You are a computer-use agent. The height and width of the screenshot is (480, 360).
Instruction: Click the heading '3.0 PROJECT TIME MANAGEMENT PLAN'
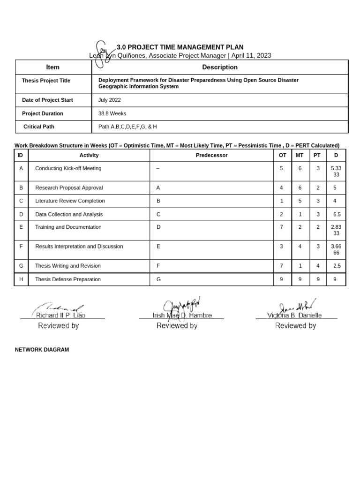tap(180, 47)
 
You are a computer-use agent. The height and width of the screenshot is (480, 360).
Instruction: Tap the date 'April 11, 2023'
tap(251, 55)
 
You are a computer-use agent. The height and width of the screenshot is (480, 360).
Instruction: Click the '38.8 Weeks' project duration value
tap(112, 113)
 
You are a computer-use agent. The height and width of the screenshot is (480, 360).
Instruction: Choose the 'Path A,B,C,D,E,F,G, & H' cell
tap(127, 127)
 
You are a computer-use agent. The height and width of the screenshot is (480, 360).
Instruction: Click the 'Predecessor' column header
tap(211, 155)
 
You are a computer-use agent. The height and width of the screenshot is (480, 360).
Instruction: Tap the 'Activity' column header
tap(89, 155)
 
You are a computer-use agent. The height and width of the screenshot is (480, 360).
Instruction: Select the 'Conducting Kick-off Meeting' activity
tap(68, 168)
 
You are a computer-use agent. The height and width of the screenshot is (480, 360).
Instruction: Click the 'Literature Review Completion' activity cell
tap(70, 201)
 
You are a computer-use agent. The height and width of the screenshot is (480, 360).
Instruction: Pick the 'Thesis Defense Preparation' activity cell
tap(68, 279)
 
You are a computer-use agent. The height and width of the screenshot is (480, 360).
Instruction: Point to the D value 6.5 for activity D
tap(336, 214)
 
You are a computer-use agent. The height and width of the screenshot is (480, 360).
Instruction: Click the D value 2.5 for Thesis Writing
tap(336, 266)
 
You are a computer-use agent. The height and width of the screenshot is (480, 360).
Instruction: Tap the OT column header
tap(282, 155)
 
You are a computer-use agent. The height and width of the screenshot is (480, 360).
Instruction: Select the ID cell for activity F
tap(21, 246)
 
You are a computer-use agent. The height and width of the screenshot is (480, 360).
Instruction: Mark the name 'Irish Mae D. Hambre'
tap(182, 315)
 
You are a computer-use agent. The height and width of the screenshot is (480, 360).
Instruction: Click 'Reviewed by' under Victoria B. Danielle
tap(295, 325)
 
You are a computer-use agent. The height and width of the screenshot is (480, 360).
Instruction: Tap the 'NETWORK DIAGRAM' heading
tap(42, 350)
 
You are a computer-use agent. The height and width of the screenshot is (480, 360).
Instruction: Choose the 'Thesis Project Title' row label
tap(46, 81)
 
